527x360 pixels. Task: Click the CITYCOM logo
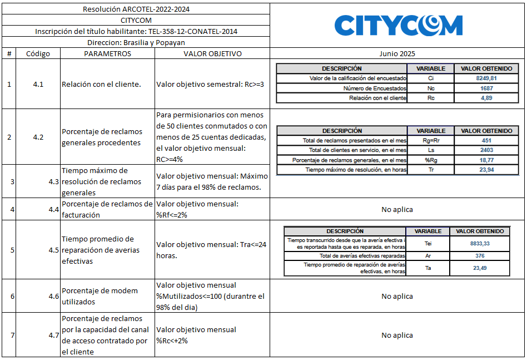[398, 26]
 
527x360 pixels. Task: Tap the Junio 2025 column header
[397, 54]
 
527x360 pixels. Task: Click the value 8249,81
[486, 78]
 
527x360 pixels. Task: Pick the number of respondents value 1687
[486, 88]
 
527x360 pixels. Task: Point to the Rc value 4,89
[486, 98]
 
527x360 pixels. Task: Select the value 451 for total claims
[486, 140]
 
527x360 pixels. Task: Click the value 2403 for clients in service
[486, 150]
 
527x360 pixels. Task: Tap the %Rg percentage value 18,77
[486, 160]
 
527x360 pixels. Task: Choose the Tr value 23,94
[486, 170]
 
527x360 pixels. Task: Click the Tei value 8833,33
[480, 243]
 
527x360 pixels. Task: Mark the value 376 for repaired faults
[480, 256]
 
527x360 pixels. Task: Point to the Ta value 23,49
[480, 268]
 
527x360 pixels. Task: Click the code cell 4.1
[38, 84]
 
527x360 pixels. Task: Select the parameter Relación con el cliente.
[101, 84]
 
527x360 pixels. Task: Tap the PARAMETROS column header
[108, 54]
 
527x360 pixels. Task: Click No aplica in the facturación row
[397, 210]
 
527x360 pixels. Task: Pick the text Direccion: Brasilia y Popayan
[136, 42]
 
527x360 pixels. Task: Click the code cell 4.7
[53, 335]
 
